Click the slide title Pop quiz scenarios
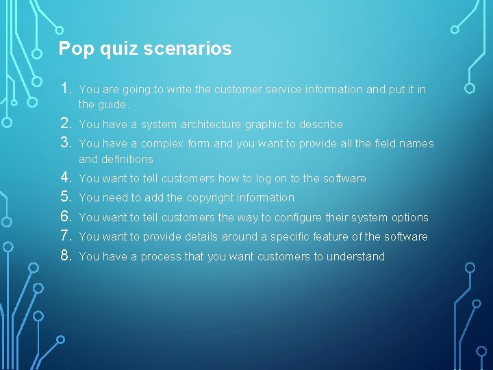coord(145,49)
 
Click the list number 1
coord(66,89)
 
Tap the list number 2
coord(66,124)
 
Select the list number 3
coord(66,143)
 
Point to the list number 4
coord(66,178)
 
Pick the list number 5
coord(66,197)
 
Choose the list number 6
coord(66,217)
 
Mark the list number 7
coord(66,236)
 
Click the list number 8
coord(66,256)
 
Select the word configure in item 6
coord(317,218)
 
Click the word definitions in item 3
coord(116,160)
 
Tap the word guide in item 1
coord(112,105)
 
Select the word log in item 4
coord(263,179)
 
